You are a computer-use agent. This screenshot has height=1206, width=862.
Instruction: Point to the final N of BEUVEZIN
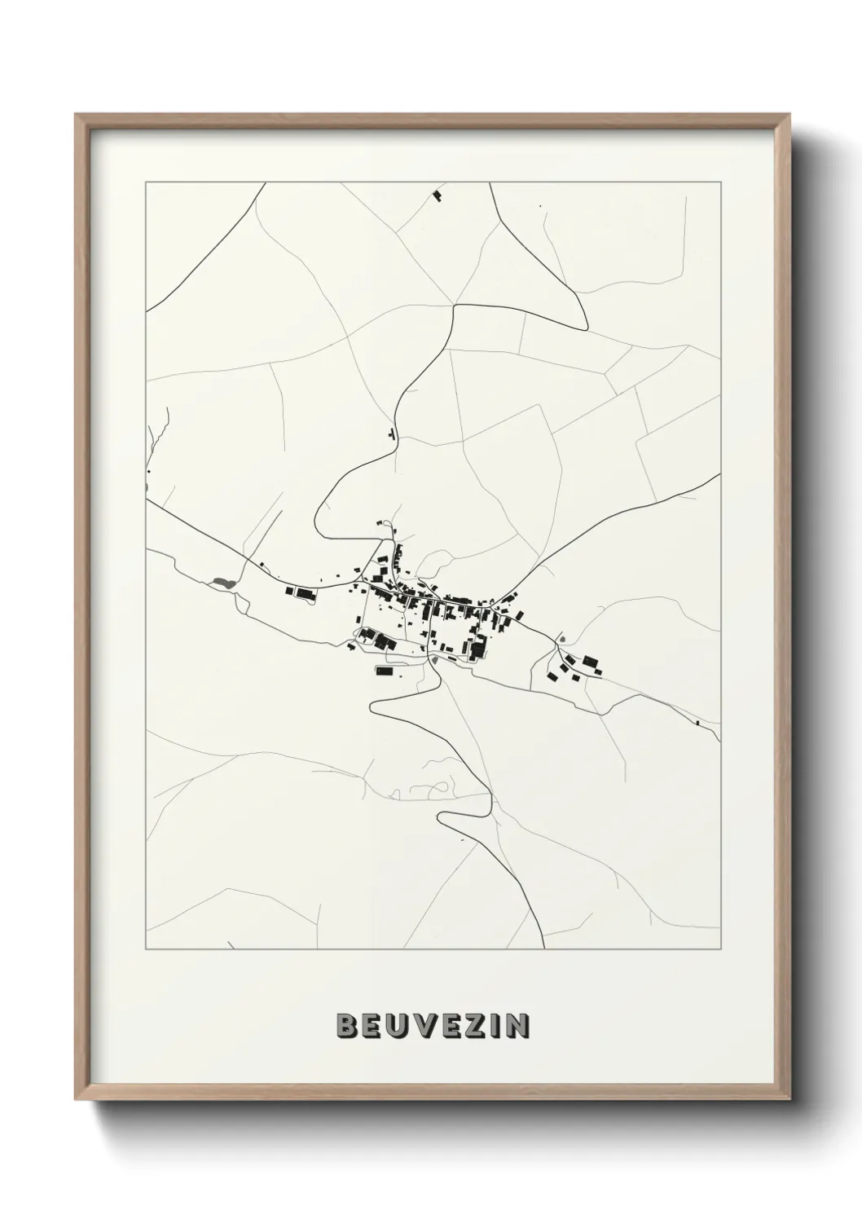coord(516,1026)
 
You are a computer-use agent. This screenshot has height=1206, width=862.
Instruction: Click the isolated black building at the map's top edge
coord(438,196)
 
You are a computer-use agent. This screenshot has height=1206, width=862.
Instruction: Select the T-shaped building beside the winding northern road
coord(392,434)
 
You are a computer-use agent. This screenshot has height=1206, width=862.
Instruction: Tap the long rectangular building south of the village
coord(383,670)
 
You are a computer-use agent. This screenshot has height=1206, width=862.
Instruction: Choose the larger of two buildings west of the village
coord(304,594)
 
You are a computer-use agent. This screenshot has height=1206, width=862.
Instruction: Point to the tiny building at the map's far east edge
coord(698,722)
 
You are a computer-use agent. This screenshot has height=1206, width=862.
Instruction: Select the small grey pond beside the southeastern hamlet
coord(559,640)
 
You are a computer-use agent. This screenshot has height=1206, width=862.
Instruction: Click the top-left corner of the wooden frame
coord(76,115)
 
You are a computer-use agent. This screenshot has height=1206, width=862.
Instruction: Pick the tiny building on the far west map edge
coord(149,472)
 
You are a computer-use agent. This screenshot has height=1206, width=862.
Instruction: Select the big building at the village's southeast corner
coord(477,649)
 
